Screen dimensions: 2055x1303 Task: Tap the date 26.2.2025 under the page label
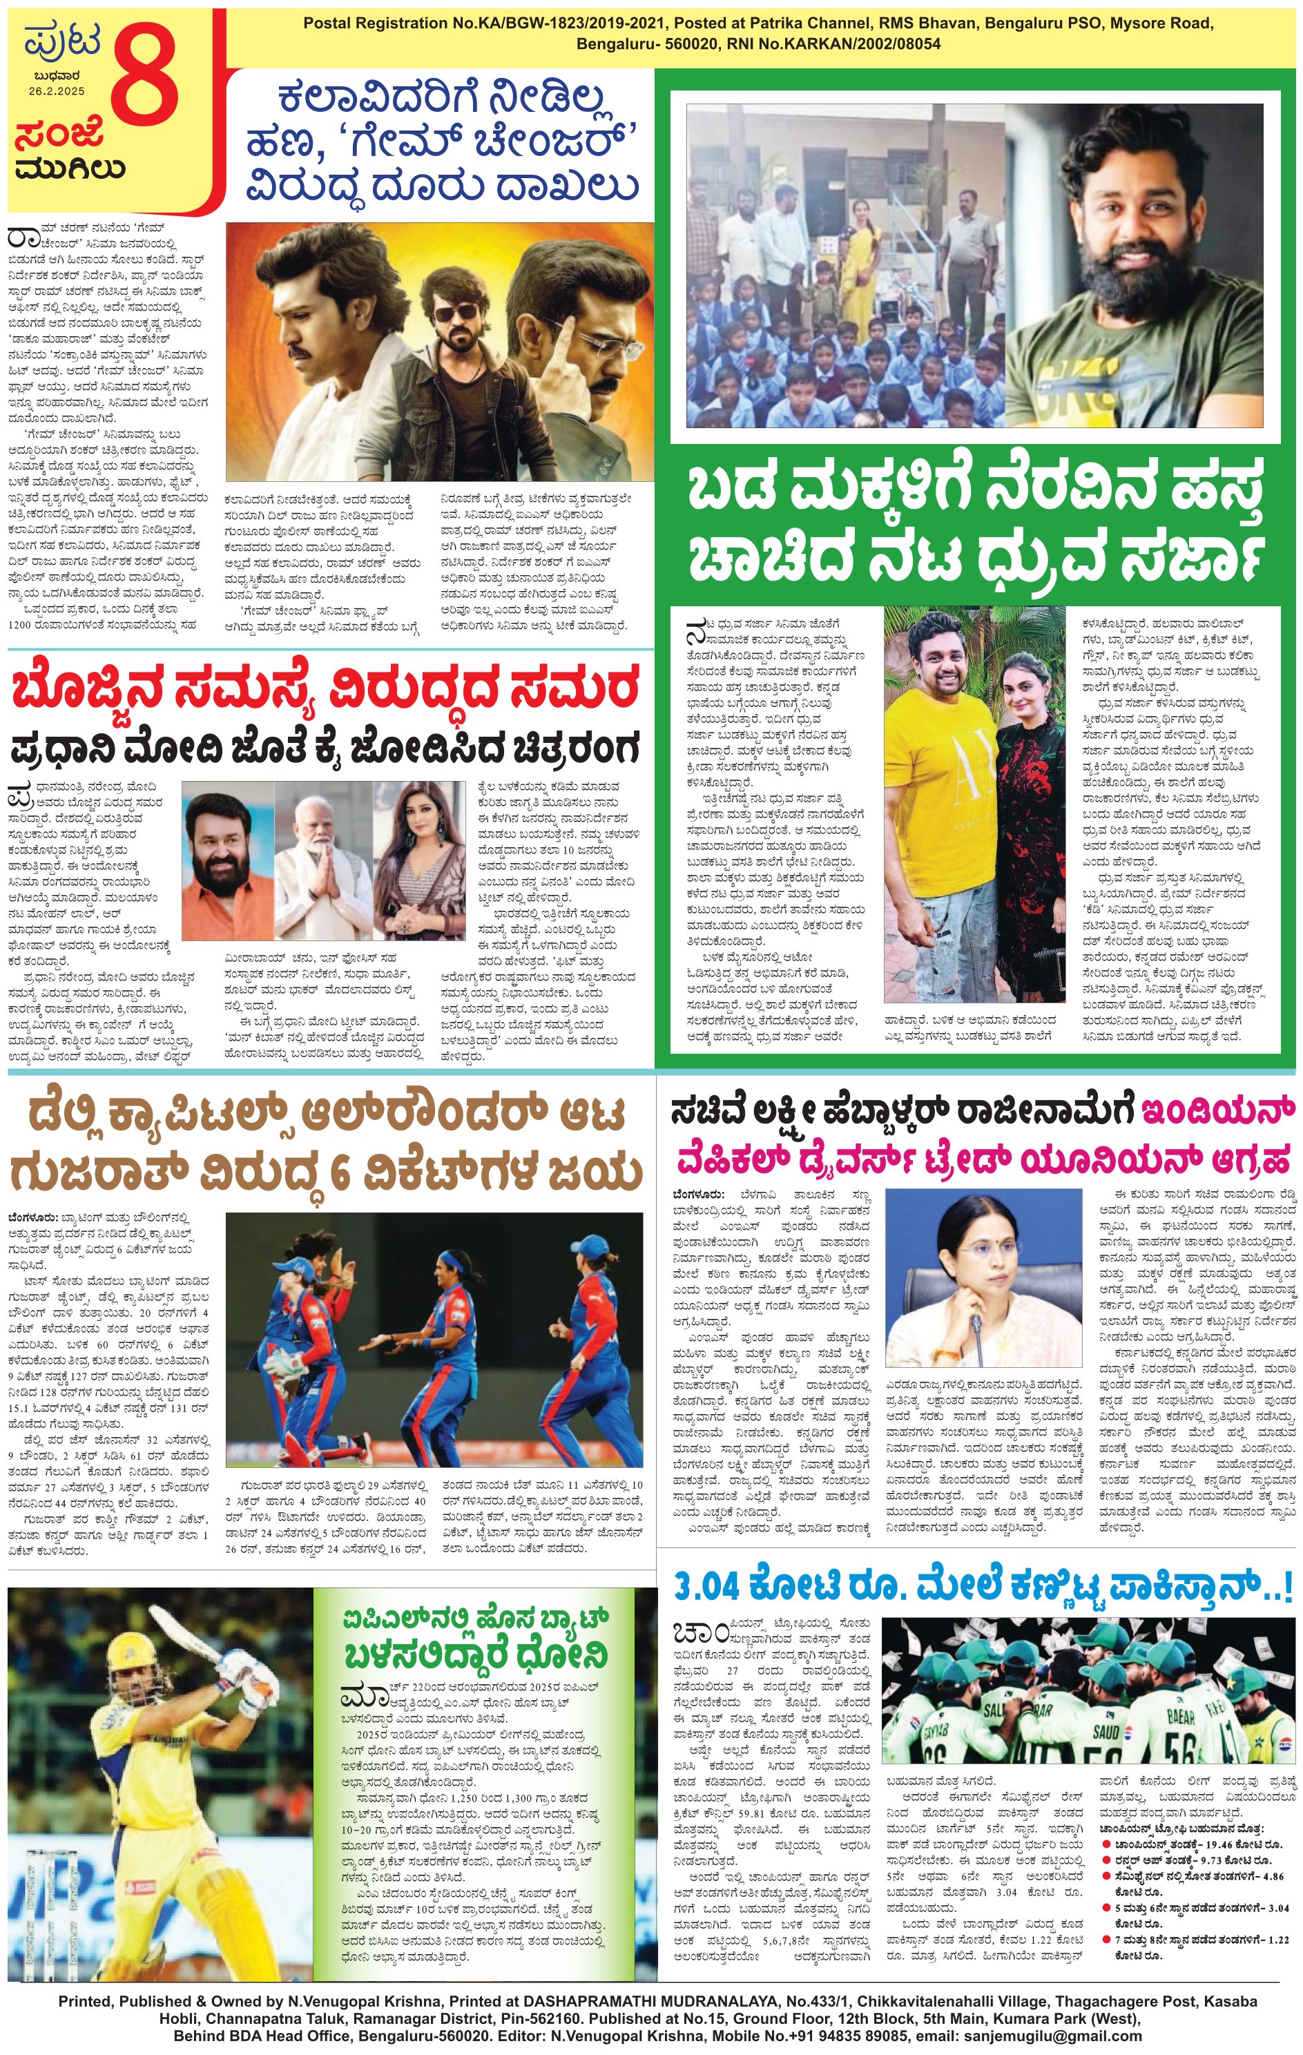click(x=57, y=91)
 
